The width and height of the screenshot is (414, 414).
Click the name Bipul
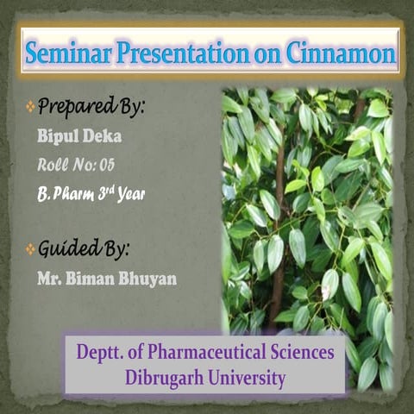(x=59, y=137)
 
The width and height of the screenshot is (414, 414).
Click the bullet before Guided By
(x=30, y=250)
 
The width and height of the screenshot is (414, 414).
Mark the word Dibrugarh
(x=164, y=377)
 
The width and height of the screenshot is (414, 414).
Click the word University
(x=246, y=377)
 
